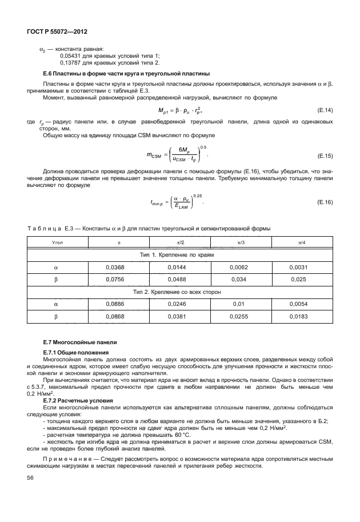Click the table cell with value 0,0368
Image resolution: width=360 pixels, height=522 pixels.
(115, 267)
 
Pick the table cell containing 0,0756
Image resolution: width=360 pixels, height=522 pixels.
(115, 280)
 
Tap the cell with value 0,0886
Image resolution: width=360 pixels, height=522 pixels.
(115, 304)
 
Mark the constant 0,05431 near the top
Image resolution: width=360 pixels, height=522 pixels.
(70, 55)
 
